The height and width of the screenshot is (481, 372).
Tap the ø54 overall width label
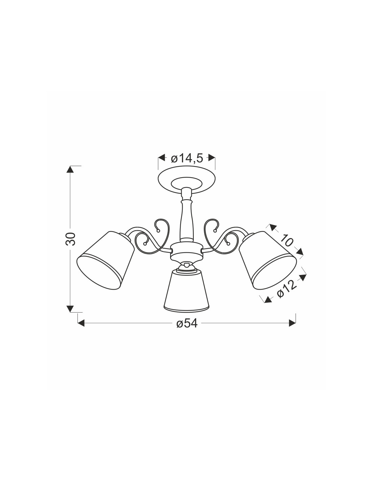pos(187,324)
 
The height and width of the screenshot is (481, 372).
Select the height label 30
pos(71,239)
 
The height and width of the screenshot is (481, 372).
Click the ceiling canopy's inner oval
pos(187,183)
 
